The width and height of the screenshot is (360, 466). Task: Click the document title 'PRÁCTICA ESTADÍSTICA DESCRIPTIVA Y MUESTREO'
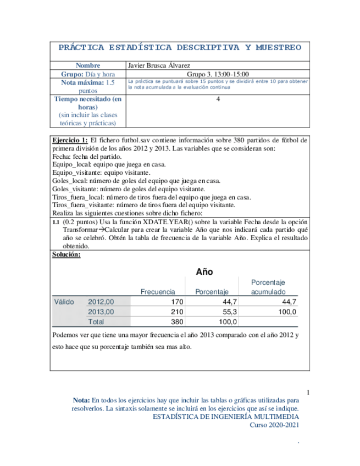(180, 48)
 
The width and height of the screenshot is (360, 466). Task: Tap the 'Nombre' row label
(88, 65)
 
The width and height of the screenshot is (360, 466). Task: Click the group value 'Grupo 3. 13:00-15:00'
(218, 74)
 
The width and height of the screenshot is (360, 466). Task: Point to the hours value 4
(218, 99)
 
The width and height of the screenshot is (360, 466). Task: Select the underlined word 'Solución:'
(66, 254)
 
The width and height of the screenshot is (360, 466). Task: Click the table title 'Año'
(204, 271)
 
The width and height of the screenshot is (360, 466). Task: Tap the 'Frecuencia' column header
(158, 292)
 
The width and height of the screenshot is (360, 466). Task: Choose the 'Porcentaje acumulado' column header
(268, 287)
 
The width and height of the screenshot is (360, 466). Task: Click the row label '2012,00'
(101, 302)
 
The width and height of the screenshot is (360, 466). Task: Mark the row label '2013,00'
(101, 312)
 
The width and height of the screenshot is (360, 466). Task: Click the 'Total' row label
(97, 321)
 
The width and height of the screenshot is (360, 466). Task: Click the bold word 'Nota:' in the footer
(82, 401)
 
